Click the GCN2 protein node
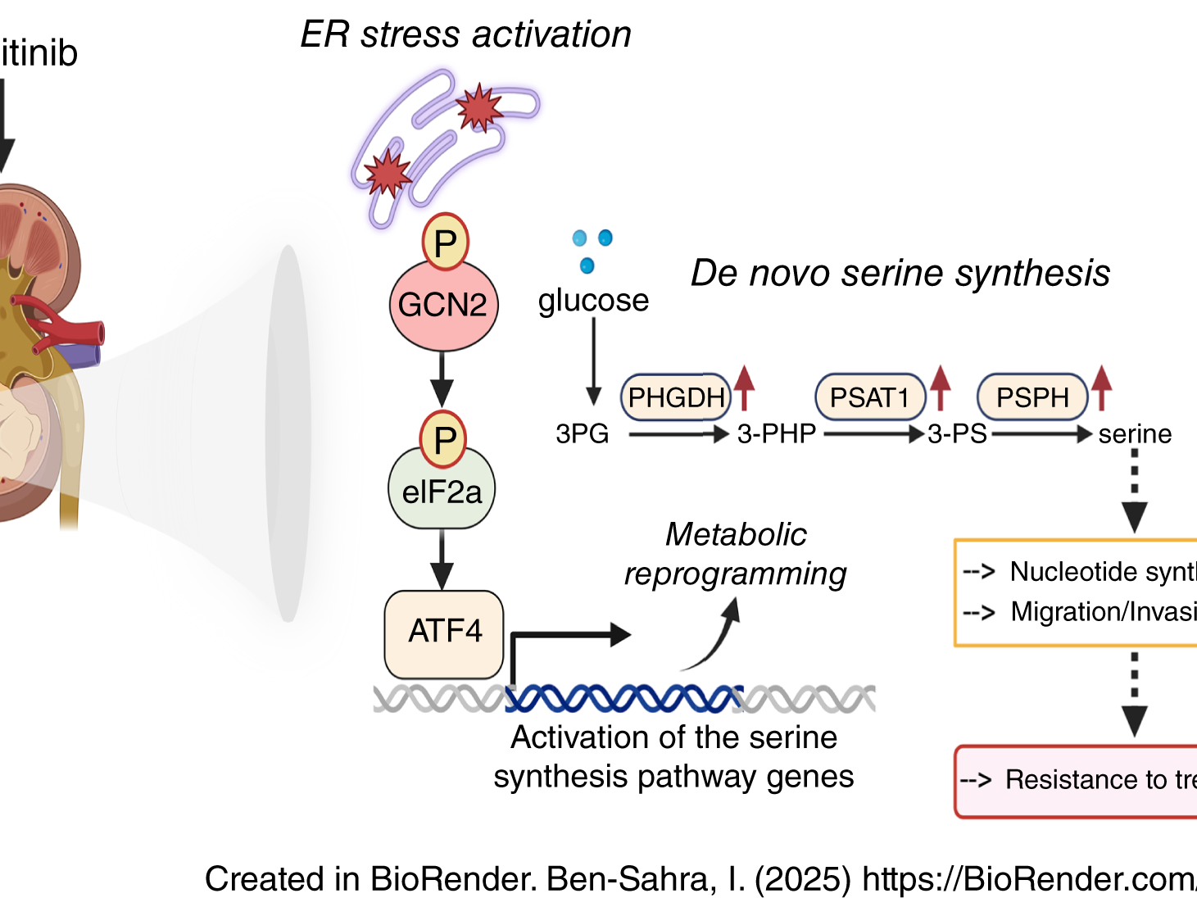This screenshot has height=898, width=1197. pyautogui.click(x=442, y=306)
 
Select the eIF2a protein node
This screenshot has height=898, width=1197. pyautogui.click(x=442, y=491)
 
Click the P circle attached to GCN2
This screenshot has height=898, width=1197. pyautogui.click(x=445, y=243)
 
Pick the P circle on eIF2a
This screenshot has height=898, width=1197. pyautogui.click(x=443, y=440)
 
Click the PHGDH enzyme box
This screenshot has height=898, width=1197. pyautogui.click(x=676, y=397)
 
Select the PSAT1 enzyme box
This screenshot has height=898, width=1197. pyautogui.click(x=869, y=397)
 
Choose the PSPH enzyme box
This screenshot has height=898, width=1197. pyautogui.click(x=1032, y=397)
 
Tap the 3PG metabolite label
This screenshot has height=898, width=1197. pyautogui.click(x=582, y=433)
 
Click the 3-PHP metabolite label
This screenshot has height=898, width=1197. pyautogui.click(x=776, y=433)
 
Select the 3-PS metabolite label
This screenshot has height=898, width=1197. pyautogui.click(x=957, y=433)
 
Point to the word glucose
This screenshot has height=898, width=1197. pyautogui.click(x=593, y=301)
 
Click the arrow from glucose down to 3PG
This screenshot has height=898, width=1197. pyautogui.click(x=594, y=361)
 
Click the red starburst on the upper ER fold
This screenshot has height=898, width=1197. pyautogui.click(x=478, y=107)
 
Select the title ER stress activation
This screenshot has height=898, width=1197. pyautogui.click(x=465, y=35)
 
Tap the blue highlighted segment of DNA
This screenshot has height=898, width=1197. pyautogui.click(x=623, y=698)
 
